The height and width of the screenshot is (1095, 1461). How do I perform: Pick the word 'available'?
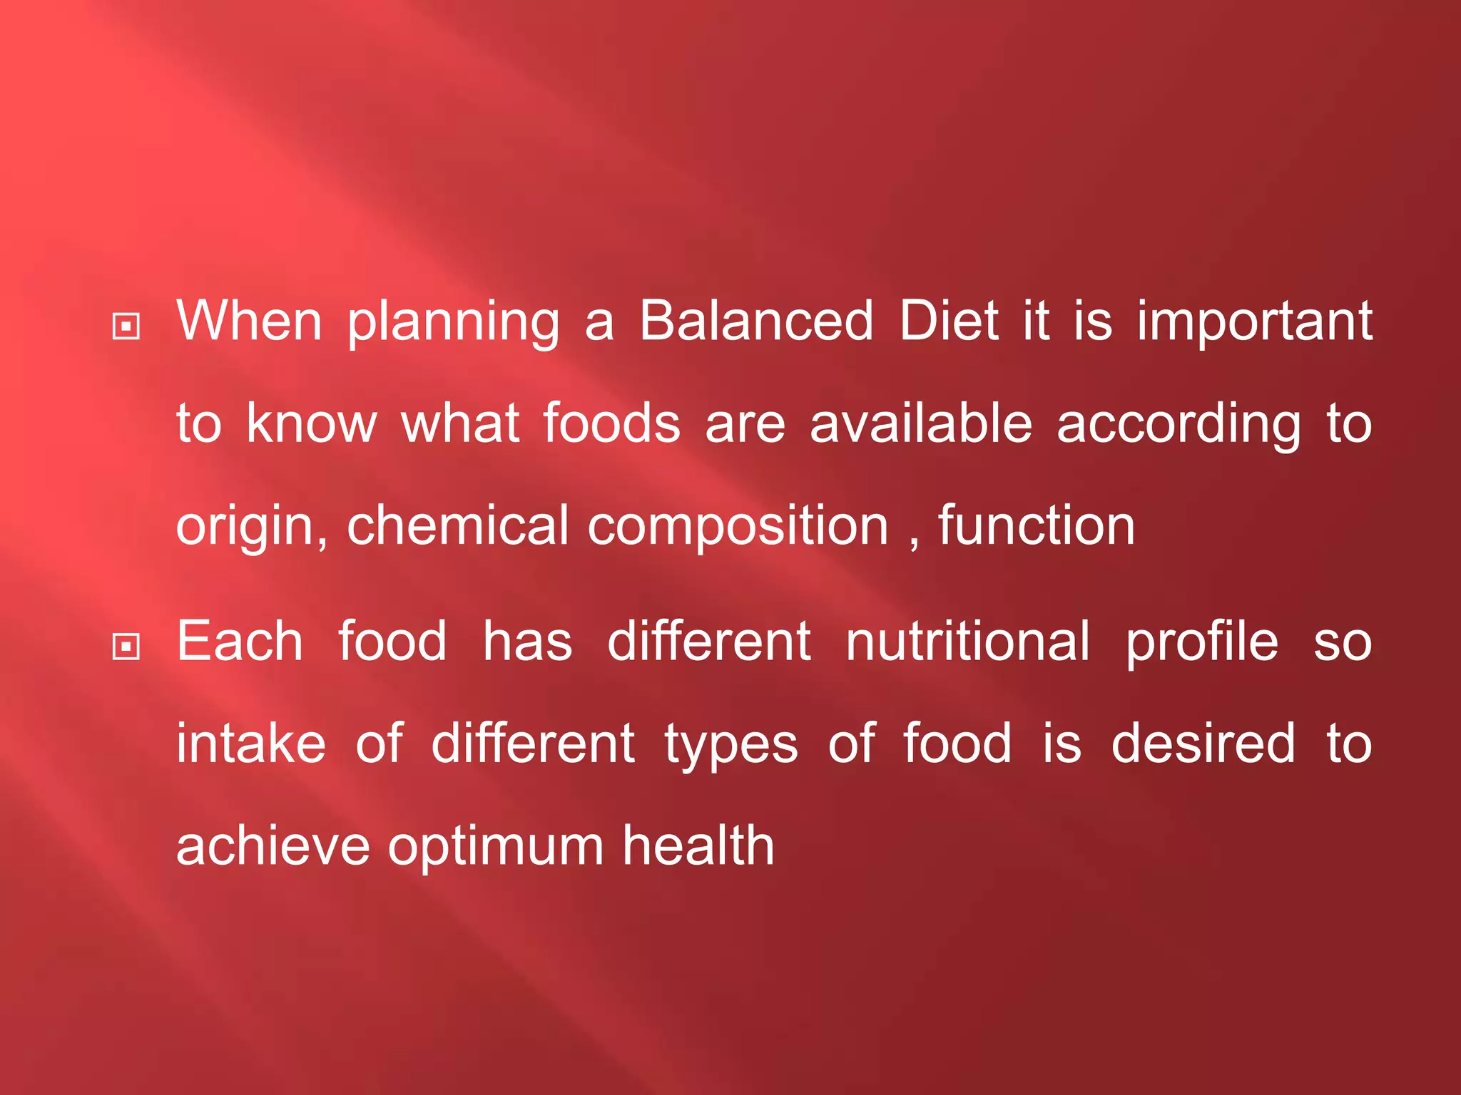(920, 423)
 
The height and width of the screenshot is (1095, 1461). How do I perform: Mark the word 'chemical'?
(457, 525)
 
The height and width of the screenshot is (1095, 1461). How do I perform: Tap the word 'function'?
(1036, 525)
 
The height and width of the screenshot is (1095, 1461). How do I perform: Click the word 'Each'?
(240, 641)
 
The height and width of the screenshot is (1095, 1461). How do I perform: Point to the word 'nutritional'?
(967, 641)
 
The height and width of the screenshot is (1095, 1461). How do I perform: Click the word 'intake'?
(251, 744)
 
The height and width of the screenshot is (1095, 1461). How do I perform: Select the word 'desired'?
(1203, 744)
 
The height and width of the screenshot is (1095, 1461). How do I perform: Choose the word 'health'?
(698, 845)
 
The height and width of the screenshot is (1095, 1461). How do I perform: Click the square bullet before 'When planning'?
(126, 327)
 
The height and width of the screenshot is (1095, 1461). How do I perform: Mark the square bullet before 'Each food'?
(126, 647)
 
